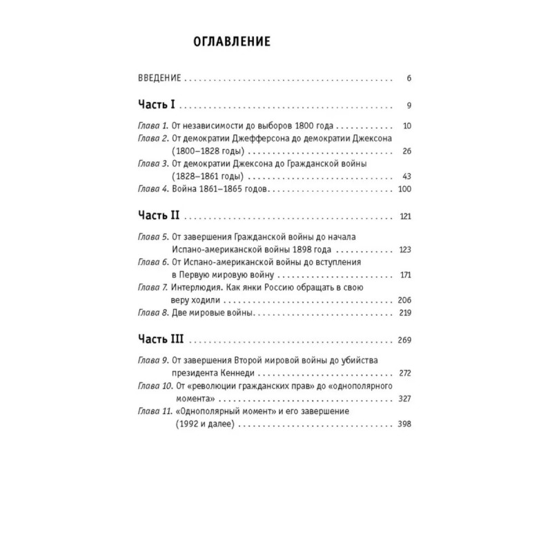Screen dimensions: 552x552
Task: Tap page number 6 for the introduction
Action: coord(408,78)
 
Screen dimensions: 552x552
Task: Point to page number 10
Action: coord(406,127)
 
